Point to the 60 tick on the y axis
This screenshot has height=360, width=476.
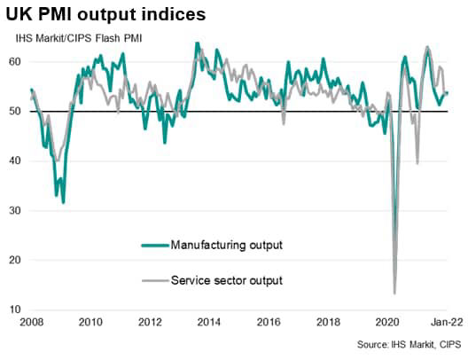17,61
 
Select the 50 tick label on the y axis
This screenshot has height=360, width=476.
17,111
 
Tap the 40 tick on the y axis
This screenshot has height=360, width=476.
17,160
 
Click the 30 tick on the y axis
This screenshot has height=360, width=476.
17,210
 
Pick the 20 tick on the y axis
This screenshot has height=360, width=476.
17,260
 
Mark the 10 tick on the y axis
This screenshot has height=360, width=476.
17,309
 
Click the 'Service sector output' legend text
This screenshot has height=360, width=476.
226,280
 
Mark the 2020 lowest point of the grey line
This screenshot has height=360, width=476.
394,293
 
